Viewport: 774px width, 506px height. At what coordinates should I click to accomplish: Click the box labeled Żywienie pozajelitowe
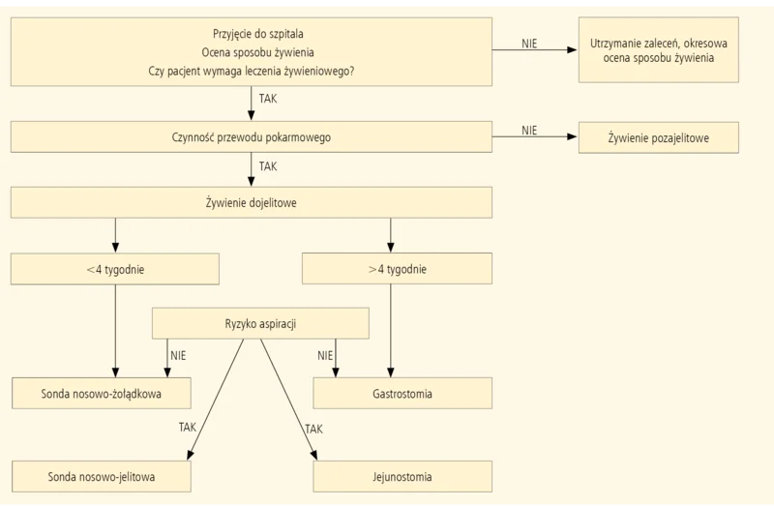click(x=659, y=137)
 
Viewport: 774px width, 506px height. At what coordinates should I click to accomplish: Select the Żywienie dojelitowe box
click(x=252, y=202)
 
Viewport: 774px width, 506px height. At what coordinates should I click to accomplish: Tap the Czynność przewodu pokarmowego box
click(x=252, y=136)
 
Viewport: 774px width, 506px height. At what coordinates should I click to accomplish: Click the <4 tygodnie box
click(x=115, y=269)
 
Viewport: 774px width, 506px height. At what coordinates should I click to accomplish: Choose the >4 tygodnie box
click(x=397, y=269)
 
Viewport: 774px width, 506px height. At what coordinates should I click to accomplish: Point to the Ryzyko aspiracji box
click(x=260, y=323)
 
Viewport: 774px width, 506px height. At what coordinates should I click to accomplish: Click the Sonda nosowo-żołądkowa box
click(x=102, y=394)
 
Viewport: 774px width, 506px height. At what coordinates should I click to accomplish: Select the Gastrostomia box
click(x=402, y=394)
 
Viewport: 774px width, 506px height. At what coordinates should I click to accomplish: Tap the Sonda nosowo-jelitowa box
click(x=102, y=476)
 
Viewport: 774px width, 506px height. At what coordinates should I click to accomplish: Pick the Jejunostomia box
click(x=402, y=476)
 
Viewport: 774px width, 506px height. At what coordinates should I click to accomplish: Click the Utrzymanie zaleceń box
click(x=659, y=50)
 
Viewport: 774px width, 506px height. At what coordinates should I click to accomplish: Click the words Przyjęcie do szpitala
click(x=258, y=34)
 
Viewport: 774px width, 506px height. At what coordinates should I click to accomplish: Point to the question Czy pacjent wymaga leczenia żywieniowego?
click(x=252, y=71)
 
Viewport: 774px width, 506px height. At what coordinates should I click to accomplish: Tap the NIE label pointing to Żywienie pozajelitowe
click(x=529, y=131)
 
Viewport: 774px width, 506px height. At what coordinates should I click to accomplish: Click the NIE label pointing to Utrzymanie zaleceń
click(x=529, y=44)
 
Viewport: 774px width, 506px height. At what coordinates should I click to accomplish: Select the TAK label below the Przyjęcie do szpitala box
click(x=268, y=99)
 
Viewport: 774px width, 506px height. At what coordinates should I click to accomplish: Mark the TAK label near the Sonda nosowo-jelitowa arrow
click(x=188, y=427)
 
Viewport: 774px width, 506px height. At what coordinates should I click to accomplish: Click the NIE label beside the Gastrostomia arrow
click(x=325, y=355)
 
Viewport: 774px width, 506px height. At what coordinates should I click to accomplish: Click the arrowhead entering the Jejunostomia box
click(x=313, y=455)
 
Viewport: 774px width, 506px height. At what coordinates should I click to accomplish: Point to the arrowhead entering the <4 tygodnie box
click(x=115, y=248)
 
